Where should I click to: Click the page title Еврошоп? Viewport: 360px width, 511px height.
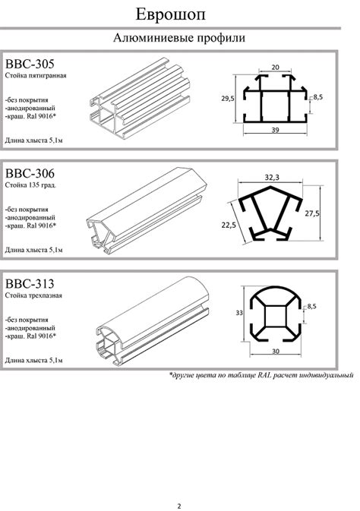(x=171, y=15)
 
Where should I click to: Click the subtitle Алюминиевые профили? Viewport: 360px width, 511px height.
(x=179, y=38)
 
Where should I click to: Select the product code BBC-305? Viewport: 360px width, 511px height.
(x=30, y=64)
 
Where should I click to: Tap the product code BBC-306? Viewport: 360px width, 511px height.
(x=30, y=173)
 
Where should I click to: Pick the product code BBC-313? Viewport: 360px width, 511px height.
(x=30, y=284)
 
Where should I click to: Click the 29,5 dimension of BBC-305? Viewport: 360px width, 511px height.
(x=228, y=99)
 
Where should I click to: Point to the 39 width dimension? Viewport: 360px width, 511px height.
(x=275, y=130)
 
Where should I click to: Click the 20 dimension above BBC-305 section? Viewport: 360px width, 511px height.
(x=276, y=67)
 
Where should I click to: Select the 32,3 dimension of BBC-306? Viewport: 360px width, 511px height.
(x=272, y=178)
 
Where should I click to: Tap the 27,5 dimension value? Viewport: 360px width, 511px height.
(x=312, y=214)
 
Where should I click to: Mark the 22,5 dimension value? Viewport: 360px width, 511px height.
(x=229, y=225)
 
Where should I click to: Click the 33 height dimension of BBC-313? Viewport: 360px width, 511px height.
(x=239, y=313)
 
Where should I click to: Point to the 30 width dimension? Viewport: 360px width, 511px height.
(x=276, y=352)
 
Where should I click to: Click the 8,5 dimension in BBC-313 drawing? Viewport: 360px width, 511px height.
(x=311, y=306)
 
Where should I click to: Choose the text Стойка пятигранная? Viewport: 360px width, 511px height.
(x=36, y=76)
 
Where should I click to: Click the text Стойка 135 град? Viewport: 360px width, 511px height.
(x=30, y=185)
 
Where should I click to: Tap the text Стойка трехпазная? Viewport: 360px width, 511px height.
(x=33, y=295)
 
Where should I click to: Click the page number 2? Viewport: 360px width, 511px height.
(x=179, y=506)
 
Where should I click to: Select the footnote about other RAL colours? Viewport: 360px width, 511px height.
(x=261, y=375)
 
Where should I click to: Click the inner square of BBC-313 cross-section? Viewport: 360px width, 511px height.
(x=276, y=316)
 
